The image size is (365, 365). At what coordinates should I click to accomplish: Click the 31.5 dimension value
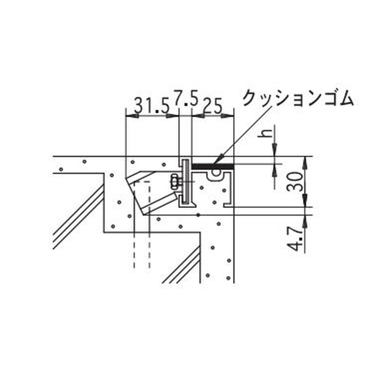click(152, 105)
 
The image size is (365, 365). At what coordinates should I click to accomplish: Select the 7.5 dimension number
click(186, 99)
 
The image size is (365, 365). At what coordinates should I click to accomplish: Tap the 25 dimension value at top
click(213, 105)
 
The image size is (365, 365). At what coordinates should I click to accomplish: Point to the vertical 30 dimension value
click(295, 181)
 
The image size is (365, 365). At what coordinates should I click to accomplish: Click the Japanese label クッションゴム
click(297, 98)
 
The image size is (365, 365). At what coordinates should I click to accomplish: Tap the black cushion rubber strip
click(212, 166)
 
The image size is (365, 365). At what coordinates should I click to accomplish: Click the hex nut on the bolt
click(174, 181)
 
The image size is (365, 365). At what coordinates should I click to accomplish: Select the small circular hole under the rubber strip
click(216, 172)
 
